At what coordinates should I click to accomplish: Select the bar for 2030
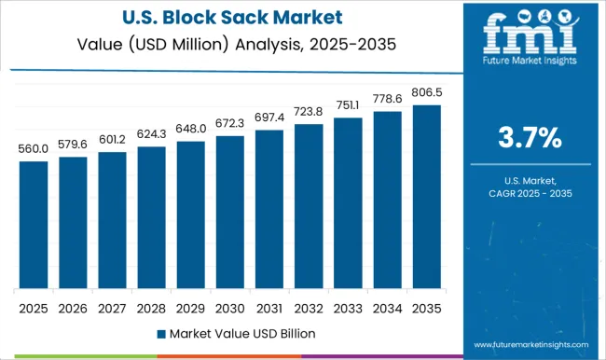[229, 213]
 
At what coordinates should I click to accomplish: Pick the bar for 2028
[151, 218]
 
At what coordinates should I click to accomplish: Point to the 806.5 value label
[426, 94]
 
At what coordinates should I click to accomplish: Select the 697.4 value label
[269, 119]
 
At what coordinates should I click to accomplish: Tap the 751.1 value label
[348, 106]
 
